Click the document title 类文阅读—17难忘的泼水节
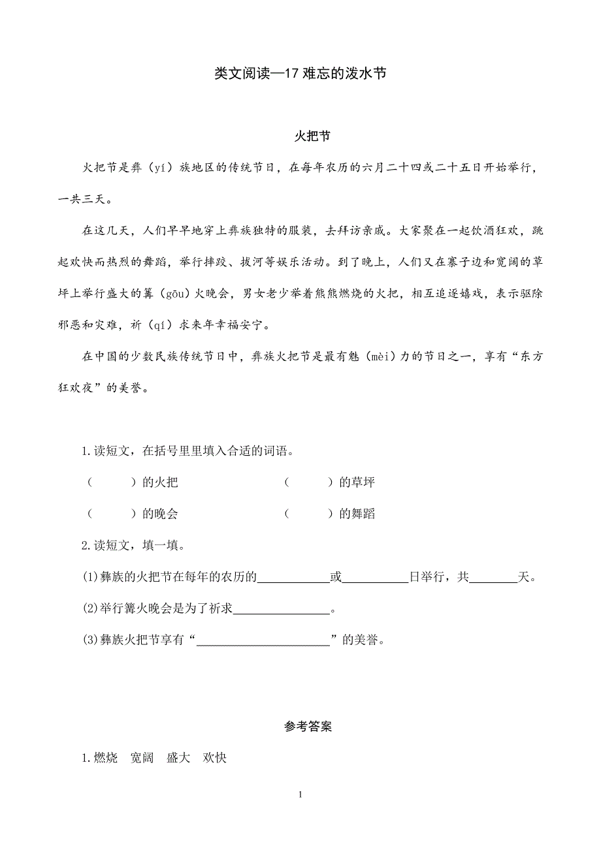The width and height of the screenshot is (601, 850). point(300,74)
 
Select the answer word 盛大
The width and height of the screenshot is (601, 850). point(178,758)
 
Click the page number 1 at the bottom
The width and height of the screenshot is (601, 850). point(300,795)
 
